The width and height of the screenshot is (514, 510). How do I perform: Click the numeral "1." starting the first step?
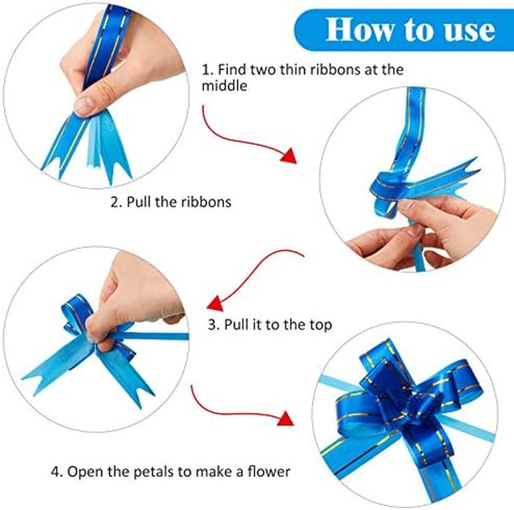coord(207,69)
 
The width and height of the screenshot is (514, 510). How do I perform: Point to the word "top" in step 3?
coord(320,324)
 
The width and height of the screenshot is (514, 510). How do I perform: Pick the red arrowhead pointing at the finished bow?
coord(285,418)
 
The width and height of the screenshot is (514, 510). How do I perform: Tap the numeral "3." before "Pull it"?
coord(213,324)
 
